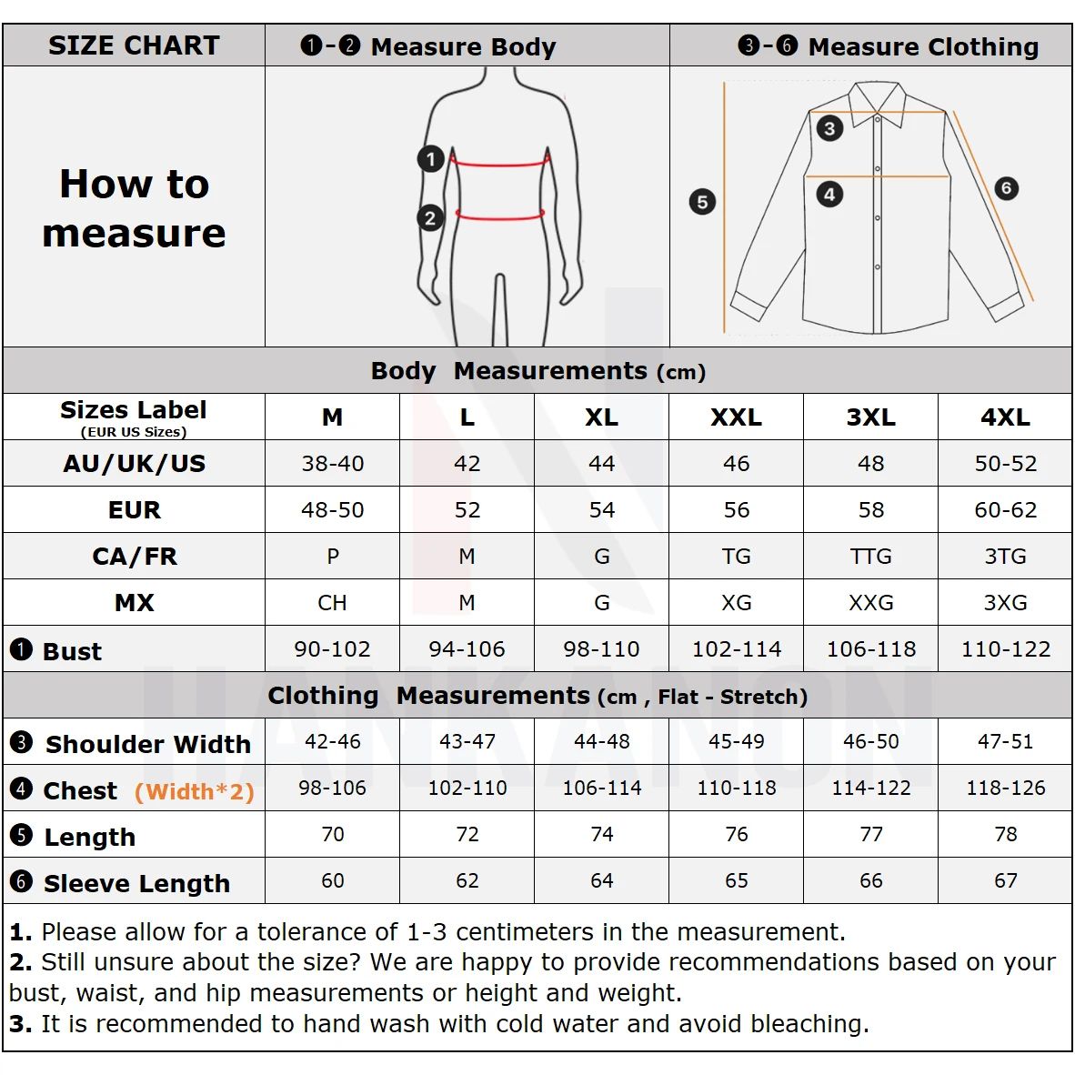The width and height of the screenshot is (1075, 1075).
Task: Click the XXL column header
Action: [x=736, y=417]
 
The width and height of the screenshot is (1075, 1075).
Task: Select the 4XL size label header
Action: [x=1005, y=417]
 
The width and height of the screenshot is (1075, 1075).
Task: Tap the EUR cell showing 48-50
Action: [x=332, y=510]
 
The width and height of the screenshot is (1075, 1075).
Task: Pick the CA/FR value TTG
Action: [x=870, y=557]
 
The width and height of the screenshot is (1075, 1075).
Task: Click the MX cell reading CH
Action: [x=332, y=603]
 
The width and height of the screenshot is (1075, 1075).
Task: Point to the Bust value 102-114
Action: [x=736, y=649]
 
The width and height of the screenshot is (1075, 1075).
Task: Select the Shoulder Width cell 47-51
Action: [x=1005, y=742]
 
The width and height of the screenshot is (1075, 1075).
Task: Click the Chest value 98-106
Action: [x=332, y=789]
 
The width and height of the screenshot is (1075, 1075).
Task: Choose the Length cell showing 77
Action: [x=870, y=835]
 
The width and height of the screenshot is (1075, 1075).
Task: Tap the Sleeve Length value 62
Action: [x=467, y=881]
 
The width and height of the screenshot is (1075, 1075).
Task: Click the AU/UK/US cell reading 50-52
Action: [x=1005, y=464]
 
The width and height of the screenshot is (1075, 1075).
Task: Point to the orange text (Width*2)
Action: [x=194, y=791]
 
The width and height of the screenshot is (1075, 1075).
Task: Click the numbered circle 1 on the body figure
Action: [x=430, y=159]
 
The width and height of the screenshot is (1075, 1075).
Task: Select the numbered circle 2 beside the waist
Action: [x=430, y=217]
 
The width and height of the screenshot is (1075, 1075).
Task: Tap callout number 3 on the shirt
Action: [x=829, y=128]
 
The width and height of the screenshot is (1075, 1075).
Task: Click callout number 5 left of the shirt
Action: [x=702, y=201]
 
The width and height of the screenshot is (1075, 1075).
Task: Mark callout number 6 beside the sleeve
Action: [x=1005, y=188]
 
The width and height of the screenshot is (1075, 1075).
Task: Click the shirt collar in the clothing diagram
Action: [x=877, y=98]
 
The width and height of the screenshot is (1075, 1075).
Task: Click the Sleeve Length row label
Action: [x=136, y=883]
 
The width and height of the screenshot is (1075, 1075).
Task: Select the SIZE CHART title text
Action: [x=134, y=45]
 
